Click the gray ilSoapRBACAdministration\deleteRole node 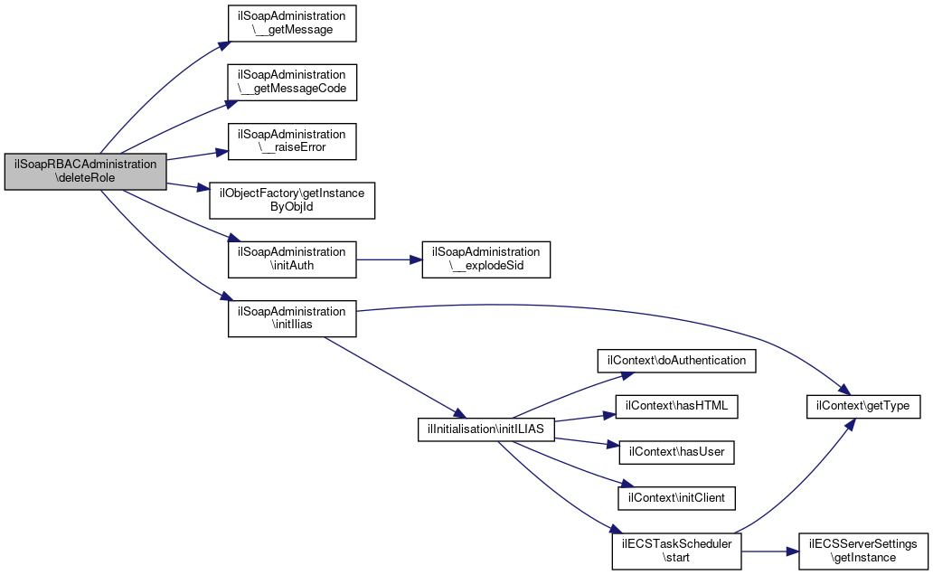[x=85, y=172]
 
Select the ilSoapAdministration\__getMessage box [x=292, y=24]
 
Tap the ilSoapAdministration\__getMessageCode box [x=292, y=82]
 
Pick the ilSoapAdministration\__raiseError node [x=292, y=141]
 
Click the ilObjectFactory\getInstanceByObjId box [x=292, y=201]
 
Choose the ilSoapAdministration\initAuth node [x=292, y=259]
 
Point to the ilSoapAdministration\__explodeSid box [x=486, y=259]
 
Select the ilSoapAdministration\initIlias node [x=292, y=318]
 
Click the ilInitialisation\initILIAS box [x=486, y=429]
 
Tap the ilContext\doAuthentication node [x=676, y=361]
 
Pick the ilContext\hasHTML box [x=676, y=407]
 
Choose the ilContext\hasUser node [x=676, y=452]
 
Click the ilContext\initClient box [x=676, y=498]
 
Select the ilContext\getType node [x=863, y=407]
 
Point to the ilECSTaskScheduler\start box [x=676, y=551]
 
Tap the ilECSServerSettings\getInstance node [x=863, y=551]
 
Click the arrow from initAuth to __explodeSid [x=389, y=259]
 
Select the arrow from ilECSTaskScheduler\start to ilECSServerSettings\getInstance [x=770, y=551]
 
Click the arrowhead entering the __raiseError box [x=221, y=153]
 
